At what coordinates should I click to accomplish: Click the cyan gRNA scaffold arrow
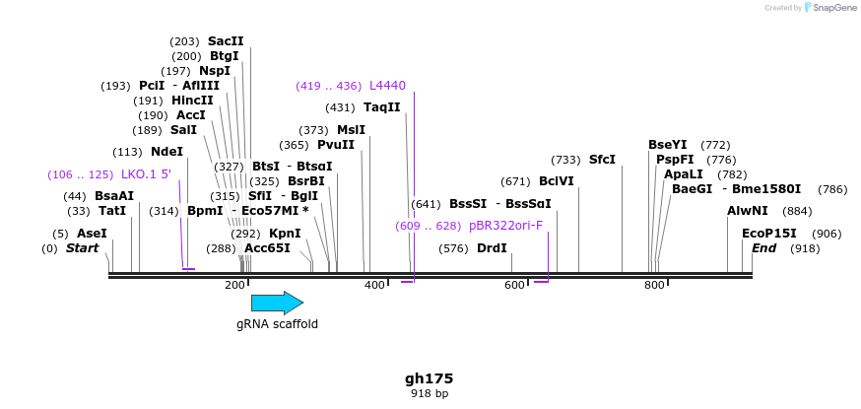277,303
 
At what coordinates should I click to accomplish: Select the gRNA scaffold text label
277,323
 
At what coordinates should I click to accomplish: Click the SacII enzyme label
226,41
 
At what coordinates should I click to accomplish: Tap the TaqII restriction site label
382,107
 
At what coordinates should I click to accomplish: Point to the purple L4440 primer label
387,86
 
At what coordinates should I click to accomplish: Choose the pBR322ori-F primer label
505,226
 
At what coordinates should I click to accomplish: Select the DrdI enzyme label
492,248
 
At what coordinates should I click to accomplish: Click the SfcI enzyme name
602,159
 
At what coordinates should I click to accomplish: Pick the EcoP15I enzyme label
769,234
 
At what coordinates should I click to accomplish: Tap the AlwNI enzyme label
748,211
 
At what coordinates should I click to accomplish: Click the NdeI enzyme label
166,152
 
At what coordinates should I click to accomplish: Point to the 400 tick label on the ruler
374,286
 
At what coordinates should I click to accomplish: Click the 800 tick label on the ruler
654,286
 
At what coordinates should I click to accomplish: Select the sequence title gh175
430,378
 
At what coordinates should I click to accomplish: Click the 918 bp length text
430,394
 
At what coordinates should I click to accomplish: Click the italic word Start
82,248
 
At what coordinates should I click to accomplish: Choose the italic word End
764,248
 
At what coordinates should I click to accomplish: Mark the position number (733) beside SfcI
565,160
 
